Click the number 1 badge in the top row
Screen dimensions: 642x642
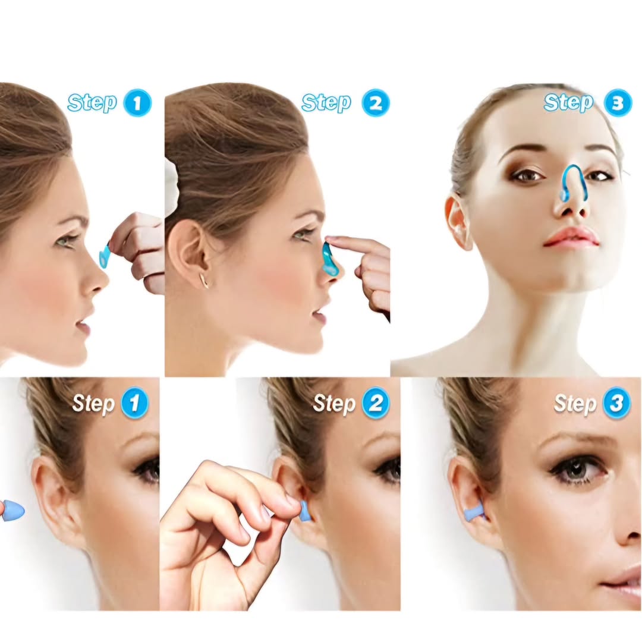(x=137, y=103)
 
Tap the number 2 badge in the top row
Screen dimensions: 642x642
(x=376, y=103)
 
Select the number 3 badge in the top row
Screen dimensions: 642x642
(x=618, y=103)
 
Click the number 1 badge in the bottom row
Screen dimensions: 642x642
(x=134, y=404)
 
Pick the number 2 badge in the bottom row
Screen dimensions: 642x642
(x=376, y=404)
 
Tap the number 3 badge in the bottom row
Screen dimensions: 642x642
(x=616, y=404)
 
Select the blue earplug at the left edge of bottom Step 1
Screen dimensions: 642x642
(x=12, y=511)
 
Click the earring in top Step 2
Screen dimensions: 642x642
(x=204, y=281)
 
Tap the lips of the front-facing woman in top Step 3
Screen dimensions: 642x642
(x=572, y=236)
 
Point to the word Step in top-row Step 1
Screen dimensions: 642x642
(x=93, y=102)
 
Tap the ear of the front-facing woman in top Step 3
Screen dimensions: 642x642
(x=458, y=221)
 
